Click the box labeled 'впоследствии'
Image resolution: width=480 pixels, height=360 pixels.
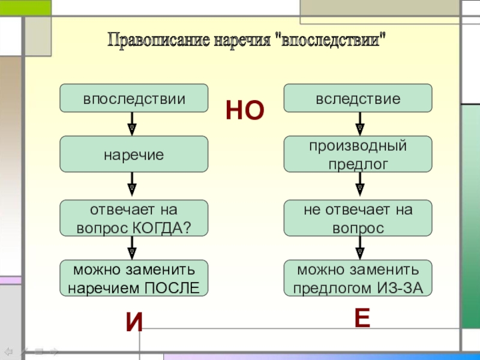tap(134, 98)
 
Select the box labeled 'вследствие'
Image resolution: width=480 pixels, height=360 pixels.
tap(358, 98)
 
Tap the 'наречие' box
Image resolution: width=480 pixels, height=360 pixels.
tap(134, 154)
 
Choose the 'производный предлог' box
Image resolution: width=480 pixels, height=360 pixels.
tap(358, 154)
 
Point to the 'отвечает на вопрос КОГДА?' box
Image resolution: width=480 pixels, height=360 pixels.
tap(134, 218)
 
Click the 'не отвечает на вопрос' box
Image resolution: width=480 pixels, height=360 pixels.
tap(358, 218)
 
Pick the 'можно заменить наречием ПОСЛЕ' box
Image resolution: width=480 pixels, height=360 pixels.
tap(134, 278)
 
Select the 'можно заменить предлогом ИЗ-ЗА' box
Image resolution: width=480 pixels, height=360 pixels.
tap(358, 278)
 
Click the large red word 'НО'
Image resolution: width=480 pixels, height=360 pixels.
tap(245, 111)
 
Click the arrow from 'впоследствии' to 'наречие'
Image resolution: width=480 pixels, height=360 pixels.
tap(132, 124)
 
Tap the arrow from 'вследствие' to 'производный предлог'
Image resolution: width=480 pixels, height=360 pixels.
tap(359, 124)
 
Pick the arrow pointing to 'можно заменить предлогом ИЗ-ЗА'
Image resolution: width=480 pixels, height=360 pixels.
tap(359, 248)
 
